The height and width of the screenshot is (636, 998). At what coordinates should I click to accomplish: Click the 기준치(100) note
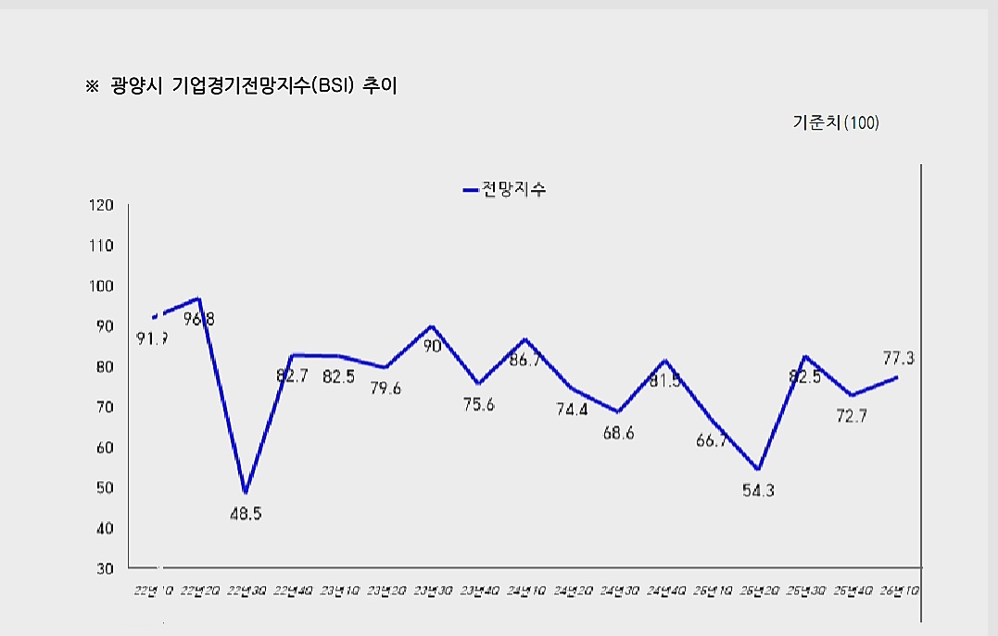point(835,122)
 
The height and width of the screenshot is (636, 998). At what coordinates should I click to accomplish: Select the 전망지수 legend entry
point(505,190)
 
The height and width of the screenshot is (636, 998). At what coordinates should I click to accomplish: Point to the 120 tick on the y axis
point(102,205)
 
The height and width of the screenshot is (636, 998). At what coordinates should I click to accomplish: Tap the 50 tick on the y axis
point(105,488)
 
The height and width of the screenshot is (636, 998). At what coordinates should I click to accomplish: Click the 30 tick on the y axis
point(105,568)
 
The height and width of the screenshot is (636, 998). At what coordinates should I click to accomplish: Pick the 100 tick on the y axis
point(102,286)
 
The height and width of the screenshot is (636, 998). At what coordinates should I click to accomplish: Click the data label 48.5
point(246,513)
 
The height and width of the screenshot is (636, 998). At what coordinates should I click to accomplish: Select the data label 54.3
point(758,491)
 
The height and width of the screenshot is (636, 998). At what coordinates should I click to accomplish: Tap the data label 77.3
point(898,358)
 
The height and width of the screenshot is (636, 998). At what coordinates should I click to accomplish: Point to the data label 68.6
point(617,433)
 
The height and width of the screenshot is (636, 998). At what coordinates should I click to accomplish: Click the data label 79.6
point(385,388)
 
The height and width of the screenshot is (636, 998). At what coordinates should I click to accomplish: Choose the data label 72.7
point(851,415)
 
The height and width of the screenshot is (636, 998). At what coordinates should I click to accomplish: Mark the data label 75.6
point(478,404)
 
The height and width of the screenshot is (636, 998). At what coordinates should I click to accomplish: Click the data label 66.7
point(711,441)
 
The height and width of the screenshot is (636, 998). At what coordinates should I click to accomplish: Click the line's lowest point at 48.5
point(245,492)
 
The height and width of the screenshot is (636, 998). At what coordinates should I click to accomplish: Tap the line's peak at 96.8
point(197,299)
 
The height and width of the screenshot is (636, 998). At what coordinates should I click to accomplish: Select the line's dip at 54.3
point(758,469)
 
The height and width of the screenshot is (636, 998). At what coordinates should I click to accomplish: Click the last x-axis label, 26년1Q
point(900,590)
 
